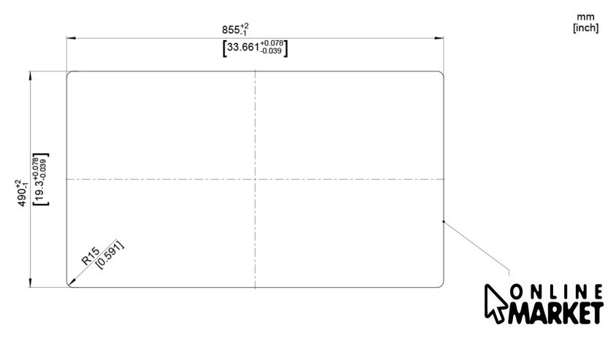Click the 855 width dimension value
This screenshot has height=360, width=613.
tap(231, 30)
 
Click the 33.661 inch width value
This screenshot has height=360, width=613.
tap(243, 47)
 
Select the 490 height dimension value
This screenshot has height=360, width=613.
tap(22, 198)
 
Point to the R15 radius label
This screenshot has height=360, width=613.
tap(91, 256)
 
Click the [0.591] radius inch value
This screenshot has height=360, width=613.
tap(110, 255)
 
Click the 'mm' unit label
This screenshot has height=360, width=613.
tap(585, 17)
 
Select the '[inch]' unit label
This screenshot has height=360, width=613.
tap(585, 28)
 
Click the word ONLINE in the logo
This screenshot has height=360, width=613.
tap(556, 292)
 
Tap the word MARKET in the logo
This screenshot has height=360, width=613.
tap(555, 313)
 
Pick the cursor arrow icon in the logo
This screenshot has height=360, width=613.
tap(496, 304)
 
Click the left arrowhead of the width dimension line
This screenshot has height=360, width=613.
tap(71, 39)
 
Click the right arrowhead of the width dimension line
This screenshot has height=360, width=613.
tap(439, 39)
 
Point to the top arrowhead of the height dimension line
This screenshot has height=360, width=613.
tap(31, 76)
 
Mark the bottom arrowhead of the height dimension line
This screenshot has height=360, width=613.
tap(31, 283)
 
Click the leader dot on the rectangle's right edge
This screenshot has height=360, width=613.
tap(444, 221)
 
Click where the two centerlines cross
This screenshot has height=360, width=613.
tap(255, 179)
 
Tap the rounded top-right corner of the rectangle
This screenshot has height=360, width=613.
tap(441, 74)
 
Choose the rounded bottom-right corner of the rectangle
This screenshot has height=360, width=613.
tap(441, 285)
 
